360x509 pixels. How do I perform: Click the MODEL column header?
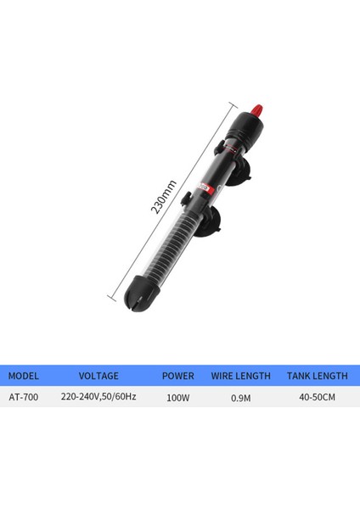pos(24,376)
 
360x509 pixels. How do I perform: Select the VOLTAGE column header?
pos(98,376)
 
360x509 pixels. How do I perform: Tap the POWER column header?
pos(178,376)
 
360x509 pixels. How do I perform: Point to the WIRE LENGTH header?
pos(241,376)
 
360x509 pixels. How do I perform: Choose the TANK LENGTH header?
pos(317,376)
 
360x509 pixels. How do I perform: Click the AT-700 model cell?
pos(24,397)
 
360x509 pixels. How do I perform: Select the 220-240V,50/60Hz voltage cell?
pos(98,397)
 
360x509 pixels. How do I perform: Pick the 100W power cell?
pos(178,398)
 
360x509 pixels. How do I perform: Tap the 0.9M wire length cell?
pos(241,398)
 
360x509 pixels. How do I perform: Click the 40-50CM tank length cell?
pos(317,397)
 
